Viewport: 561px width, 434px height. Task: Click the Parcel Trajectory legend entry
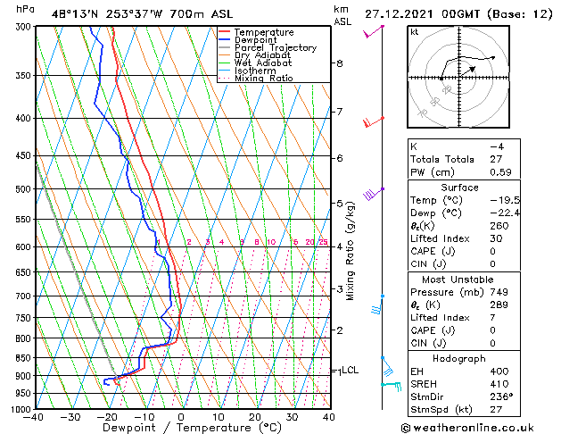275,48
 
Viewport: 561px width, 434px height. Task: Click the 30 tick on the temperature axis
292,417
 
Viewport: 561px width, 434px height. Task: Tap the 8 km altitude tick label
340,63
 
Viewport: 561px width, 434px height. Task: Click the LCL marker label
350,370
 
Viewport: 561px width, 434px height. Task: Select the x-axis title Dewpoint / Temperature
181,428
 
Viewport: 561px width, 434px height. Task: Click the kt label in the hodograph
415,31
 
